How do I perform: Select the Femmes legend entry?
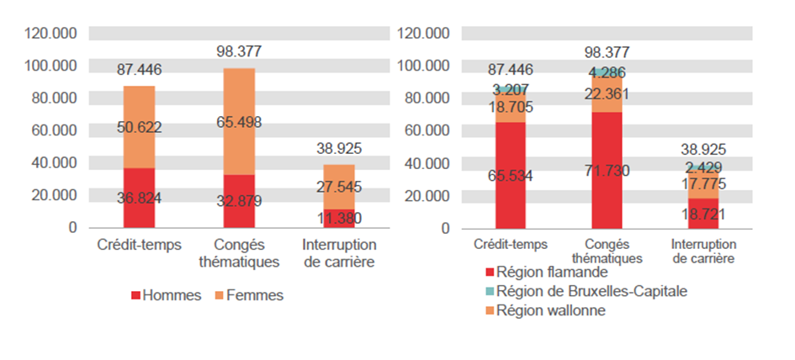249,295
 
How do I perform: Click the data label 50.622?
140,128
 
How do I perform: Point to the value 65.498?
239,123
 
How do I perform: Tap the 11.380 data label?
339,219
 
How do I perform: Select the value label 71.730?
607,171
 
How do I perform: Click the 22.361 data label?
607,93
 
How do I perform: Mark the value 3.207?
511,88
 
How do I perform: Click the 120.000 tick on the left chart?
52,34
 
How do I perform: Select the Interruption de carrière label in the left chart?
339,252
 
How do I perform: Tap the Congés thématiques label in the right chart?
607,251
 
